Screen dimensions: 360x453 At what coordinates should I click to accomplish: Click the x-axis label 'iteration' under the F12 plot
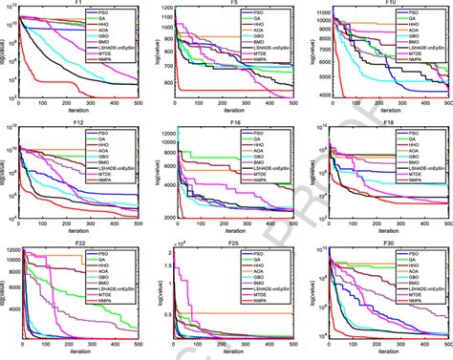[78, 233]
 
